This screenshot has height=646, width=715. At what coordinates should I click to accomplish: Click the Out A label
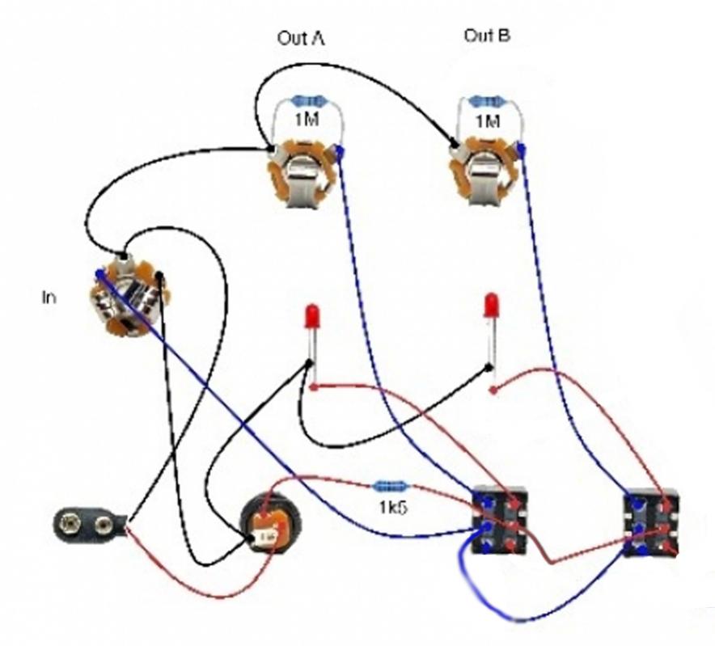pyautogui.click(x=301, y=38)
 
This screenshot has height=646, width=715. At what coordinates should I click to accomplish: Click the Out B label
pyautogui.click(x=487, y=36)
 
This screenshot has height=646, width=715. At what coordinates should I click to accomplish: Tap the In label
pyautogui.click(x=49, y=298)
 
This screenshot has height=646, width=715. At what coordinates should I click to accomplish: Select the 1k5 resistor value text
pyautogui.click(x=391, y=509)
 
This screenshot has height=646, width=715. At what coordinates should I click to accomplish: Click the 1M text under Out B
pyautogui.click(x=487, y=121)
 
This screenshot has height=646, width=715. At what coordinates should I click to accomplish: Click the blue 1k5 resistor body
pyautogui.click(x=391, y=487)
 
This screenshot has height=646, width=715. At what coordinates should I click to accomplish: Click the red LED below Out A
pyautogui.click(x=311, y=316)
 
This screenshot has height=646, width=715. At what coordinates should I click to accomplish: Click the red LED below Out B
pyautogui.click(x=489, y=307)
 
